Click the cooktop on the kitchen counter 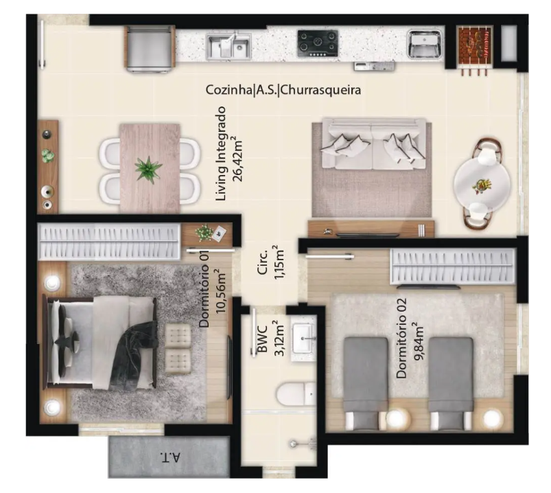point(318,43)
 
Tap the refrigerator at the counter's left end point(150,49)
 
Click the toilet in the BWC point(296,394)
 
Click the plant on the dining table point(148,170)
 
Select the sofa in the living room point(373,144)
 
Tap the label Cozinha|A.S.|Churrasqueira point(283,90)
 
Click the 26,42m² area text point(238,159)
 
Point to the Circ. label point(263,262)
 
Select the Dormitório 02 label point(401,339)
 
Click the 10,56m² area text point(221,291)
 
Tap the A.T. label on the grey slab point(170,457)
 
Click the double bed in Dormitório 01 point(99,343)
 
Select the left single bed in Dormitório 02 point(366,383)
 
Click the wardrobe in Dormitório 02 point(453,266)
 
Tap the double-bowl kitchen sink point(228,46)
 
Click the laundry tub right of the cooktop point(424,44)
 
